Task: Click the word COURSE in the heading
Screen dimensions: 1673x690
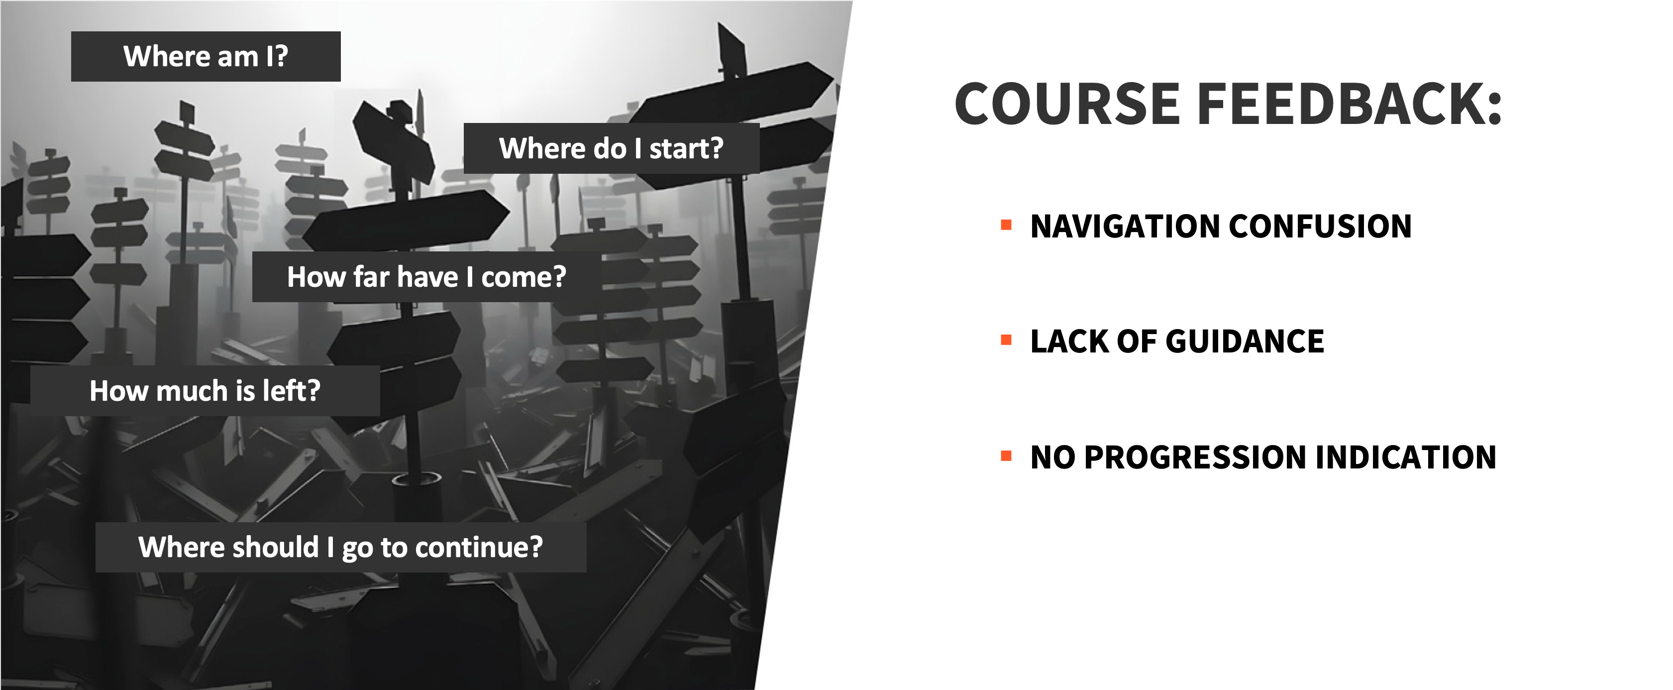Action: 1067,104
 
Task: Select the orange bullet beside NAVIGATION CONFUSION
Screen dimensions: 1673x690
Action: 1007,226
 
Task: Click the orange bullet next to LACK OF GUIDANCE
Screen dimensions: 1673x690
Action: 1007,341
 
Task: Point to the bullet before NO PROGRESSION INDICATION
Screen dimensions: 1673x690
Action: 1007,456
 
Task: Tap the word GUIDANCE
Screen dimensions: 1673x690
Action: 1245,341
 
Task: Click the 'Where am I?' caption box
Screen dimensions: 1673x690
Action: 206,57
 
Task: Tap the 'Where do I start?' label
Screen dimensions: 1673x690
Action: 611,148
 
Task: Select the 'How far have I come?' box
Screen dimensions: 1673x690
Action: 426,277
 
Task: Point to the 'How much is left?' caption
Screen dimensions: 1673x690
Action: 205,390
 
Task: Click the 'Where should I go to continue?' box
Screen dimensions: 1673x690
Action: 341,547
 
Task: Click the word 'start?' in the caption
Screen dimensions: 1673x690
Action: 687,149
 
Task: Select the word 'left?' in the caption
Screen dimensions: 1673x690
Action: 292,390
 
